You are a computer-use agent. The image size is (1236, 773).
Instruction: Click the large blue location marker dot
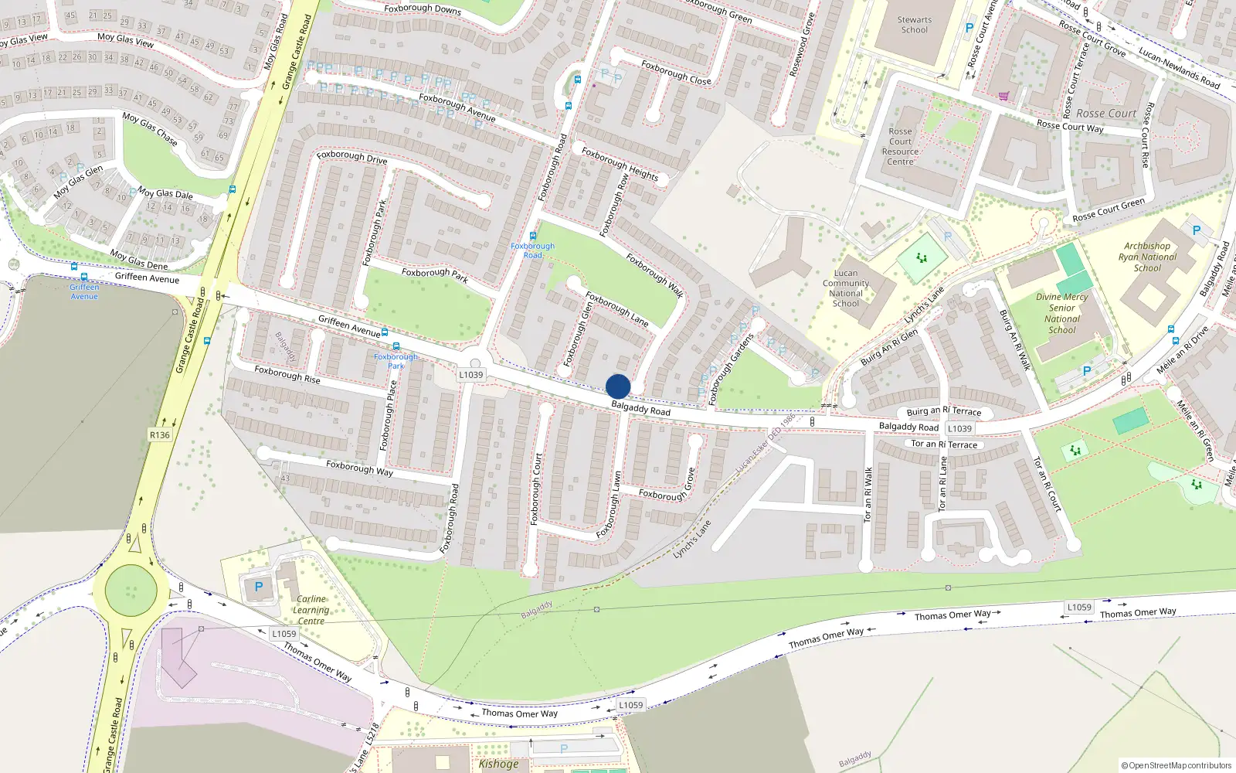click(618, 386)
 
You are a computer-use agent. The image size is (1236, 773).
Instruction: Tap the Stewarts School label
click(915, 25)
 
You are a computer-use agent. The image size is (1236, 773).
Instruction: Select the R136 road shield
click(159, 435)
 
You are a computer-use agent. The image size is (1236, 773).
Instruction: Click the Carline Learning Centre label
click(311, 610)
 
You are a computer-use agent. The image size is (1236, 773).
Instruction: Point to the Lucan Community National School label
click(846, 288)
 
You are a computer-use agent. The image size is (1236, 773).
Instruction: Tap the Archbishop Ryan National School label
click(1147, 257)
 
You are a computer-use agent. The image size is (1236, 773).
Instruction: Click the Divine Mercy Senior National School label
click(1061, 313)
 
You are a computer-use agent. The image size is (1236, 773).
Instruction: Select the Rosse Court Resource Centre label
click(901, 146)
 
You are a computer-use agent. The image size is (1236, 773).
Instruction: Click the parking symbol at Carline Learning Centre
click(259, 587)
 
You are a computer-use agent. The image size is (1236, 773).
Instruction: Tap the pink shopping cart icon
click(1003, 97)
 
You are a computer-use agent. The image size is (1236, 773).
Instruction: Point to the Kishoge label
click(498, 764)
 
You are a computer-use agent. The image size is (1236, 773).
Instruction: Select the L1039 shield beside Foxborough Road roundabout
click(470, 375)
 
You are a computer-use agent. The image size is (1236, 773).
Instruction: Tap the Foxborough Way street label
click(359, 468)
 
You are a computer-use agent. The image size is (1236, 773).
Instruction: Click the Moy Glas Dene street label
click(138, 260)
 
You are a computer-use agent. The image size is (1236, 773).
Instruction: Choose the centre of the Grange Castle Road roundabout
click(131, 592)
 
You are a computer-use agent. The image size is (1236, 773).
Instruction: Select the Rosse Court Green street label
click(1109, 209)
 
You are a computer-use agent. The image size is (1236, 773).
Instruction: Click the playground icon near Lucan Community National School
click(921, 258)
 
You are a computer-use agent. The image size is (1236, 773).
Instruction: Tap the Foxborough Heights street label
click(620, 164)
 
